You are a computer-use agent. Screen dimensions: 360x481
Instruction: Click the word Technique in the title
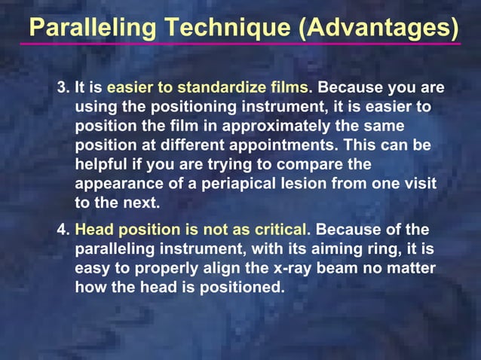pyautogui.click(x=224, y=28)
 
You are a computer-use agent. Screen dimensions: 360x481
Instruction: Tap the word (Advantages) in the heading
pyautogui.click(x=378, y=28)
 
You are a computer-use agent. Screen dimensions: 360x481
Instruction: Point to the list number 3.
pyautogui.click(x=63, y=89)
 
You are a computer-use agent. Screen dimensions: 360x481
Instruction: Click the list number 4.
pyautogui.click(x=63, y=229)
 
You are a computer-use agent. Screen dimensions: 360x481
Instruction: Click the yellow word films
pyautogui.click(x=290, y=89)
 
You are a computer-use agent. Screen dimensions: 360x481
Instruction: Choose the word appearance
pyautogui.click(x=114, y=182)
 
